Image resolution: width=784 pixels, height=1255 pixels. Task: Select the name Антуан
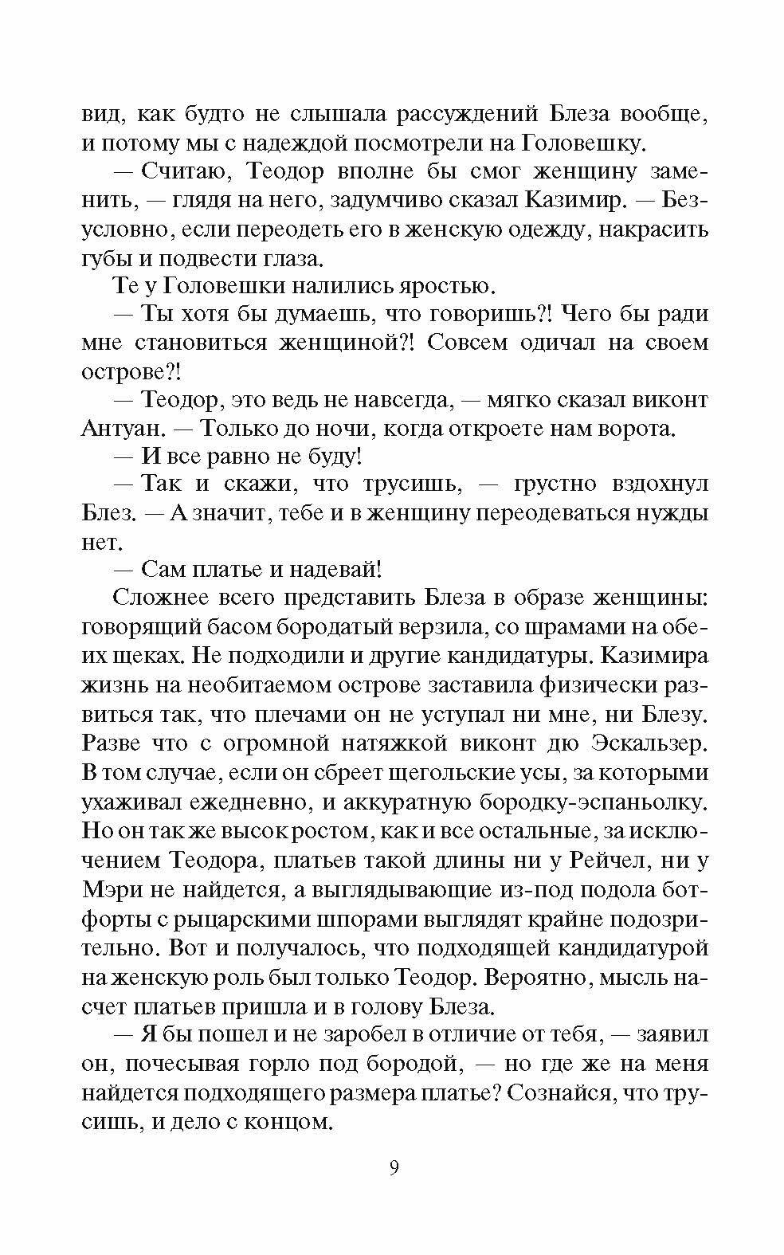click(120, 428)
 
